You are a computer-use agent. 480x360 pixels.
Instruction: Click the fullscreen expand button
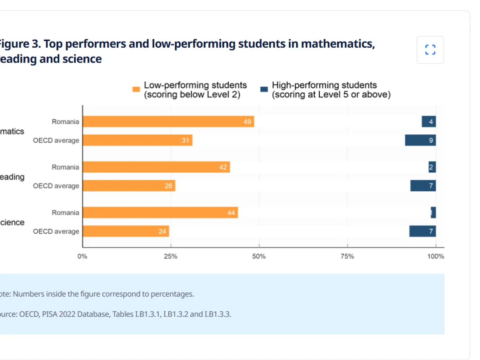[430, 50]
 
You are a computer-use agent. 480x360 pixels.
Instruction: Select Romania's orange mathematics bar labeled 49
[168, 122]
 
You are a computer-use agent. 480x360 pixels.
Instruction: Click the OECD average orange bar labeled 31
[137, 140]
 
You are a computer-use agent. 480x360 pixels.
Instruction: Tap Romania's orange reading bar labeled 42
[156, 167]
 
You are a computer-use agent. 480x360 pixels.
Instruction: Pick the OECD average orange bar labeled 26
[129, 186]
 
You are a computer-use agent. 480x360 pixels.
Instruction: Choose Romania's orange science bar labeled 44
[160, 212]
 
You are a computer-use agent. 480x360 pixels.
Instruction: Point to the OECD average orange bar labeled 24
[126, 231]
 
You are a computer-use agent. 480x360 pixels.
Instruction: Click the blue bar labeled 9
[420, 140]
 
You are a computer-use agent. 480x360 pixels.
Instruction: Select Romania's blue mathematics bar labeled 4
[429, 122]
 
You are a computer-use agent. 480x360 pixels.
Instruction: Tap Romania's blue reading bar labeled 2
[432, 167]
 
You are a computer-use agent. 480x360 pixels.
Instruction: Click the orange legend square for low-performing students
[136, 89]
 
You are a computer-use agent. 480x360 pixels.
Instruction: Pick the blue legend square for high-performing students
[264, 89]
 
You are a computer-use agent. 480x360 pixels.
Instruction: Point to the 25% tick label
[171, 256]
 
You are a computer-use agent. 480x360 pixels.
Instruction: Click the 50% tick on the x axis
[259, 256]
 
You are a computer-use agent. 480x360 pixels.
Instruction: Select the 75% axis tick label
[347, 256]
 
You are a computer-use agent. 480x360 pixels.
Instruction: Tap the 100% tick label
[436, 256]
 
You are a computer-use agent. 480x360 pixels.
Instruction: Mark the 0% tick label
[82, 256]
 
